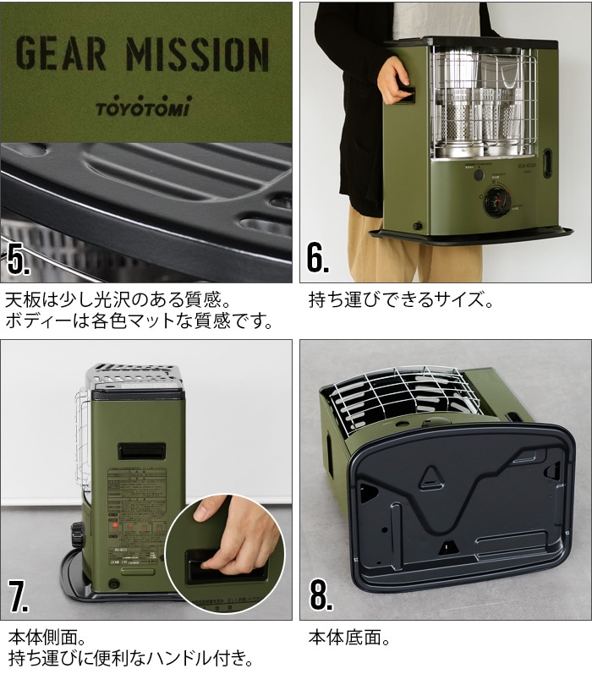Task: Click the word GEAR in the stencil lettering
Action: point(62,56)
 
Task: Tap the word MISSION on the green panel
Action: point(197,56)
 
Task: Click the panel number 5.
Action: point(19,260)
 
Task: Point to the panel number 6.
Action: point(317,260)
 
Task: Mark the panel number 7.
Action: point(19,596)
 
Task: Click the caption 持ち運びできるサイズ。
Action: point(400,300)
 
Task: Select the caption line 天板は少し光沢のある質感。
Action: point(117,300)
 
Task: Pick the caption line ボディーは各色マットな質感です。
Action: point(140,322)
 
